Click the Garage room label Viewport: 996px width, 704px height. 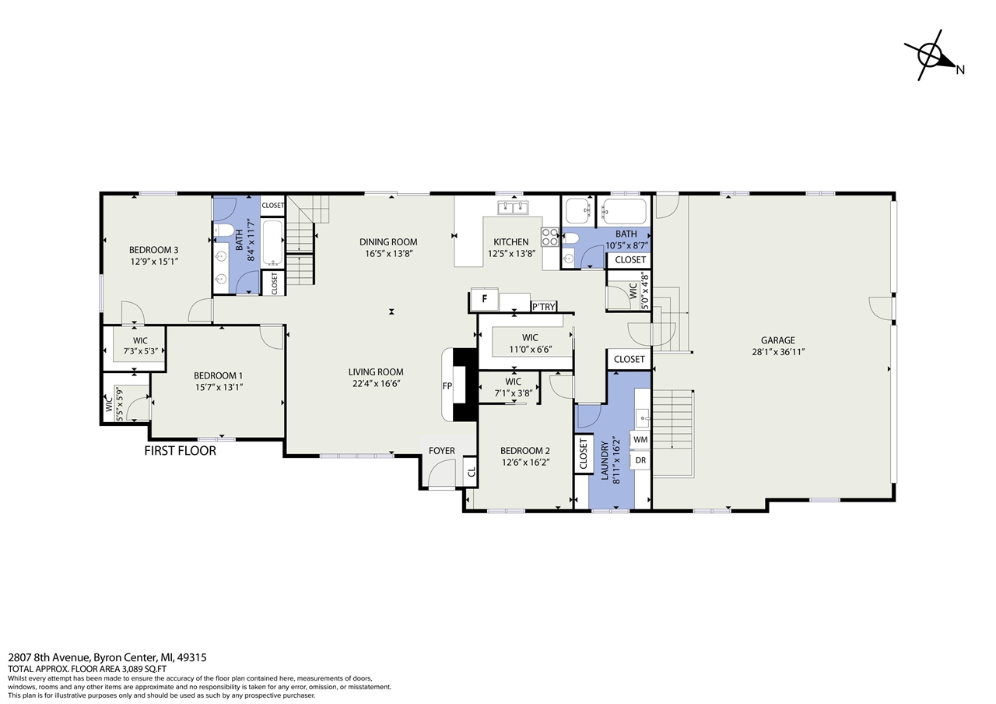point(777,340)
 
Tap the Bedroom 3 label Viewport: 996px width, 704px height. point(154,250)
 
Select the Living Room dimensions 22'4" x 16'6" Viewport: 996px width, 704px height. point(376,384)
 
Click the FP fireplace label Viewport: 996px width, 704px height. point(447,386)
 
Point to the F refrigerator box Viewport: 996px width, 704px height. point(485,299)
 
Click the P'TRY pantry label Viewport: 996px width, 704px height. point(544,307)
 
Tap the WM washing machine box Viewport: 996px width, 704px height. point(640,440)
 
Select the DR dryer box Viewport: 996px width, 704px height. point(640,460)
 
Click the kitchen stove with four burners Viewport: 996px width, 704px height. point(550,237)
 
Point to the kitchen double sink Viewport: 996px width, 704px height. point(513,208)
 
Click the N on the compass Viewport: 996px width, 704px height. point(960,70)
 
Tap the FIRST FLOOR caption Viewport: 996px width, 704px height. point(180,451)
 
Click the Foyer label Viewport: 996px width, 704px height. point(441,451)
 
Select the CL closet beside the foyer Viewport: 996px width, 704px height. point(471,471)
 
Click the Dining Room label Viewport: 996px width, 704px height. point(388,242)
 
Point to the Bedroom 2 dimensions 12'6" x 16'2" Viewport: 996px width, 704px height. point(526,463)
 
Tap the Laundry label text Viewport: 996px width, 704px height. point(605,460)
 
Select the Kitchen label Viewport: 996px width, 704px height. point(511,242)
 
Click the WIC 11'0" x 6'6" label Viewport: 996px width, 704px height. point(530,343)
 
